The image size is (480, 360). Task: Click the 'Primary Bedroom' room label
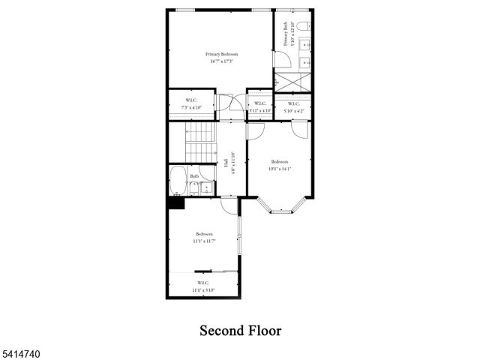point(222,54)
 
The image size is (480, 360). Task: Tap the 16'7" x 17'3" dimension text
point(222,61)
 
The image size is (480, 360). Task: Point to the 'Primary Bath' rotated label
point(286,34)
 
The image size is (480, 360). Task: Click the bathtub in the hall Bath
point(178,182)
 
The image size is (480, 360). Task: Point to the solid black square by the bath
point(175,202)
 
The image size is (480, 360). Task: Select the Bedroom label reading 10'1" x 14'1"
point(280,165)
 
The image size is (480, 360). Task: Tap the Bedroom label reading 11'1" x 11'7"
point(202,236)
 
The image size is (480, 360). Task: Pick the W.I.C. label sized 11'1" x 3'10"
point(202,286)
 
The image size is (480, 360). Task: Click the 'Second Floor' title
point(240,329)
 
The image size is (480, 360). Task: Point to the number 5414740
point(21,350)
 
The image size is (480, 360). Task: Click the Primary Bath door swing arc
point(279,61)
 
